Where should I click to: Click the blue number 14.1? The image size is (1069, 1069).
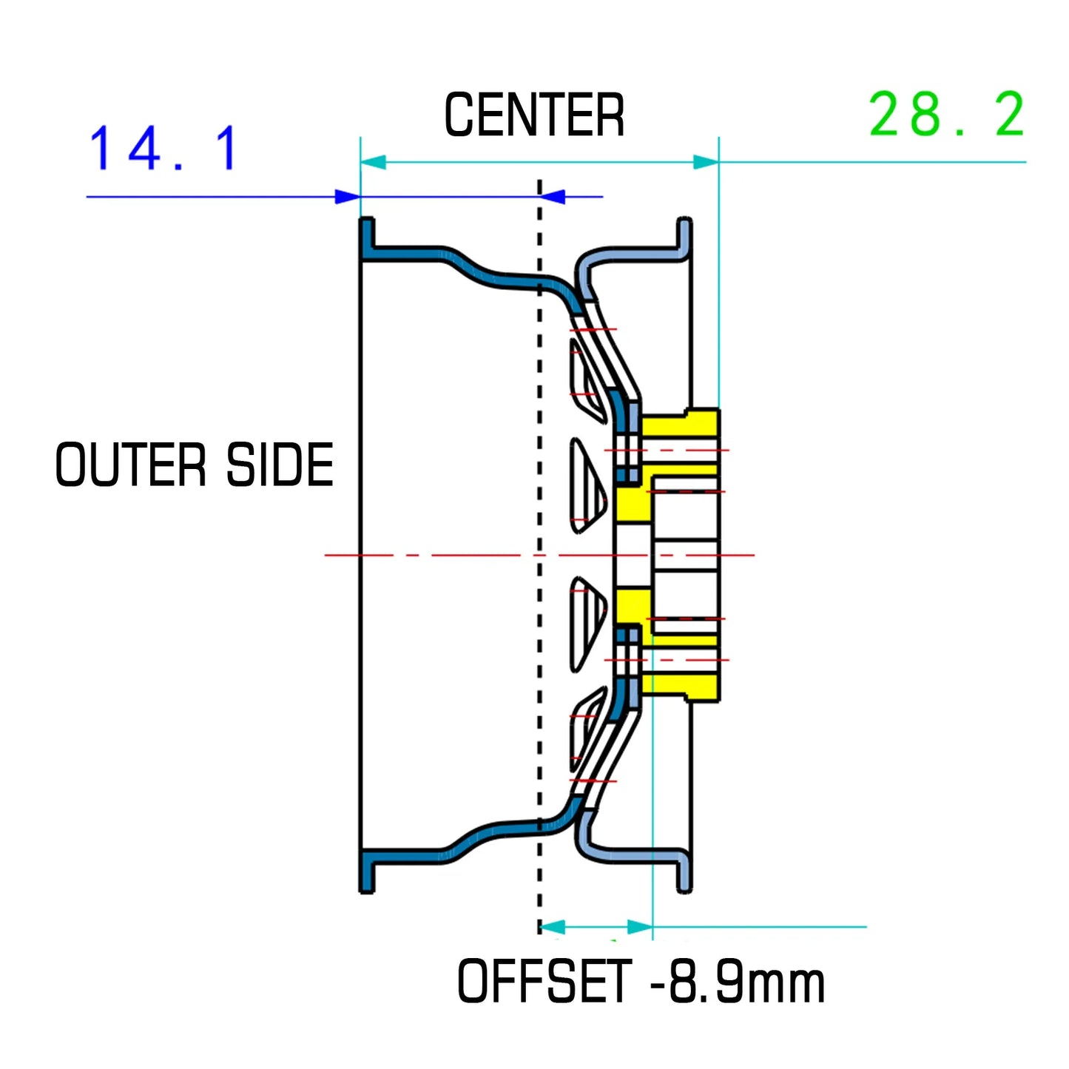pos(163,148)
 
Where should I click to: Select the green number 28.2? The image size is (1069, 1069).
pos(946,115)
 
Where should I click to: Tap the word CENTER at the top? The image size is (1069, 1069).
pos(534,116)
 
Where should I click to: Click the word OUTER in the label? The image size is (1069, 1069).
pos(130,465)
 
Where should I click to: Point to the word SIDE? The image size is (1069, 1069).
pos(280,465)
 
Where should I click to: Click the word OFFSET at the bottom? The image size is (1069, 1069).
pos(544,981)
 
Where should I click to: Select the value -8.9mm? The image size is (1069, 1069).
pos(737,981)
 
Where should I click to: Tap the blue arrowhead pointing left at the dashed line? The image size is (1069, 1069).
pos(553,197)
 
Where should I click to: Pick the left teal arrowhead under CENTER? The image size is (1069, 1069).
pos(373,162)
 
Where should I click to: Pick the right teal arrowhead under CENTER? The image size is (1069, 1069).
pos(706,162)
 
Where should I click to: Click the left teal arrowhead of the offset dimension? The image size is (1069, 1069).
pos(553,927)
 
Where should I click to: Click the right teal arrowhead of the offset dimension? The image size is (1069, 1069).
pos(640,927)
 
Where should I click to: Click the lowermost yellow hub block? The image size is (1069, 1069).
pos(679,685)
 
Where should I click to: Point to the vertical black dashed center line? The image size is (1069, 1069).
pos(539,518)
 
